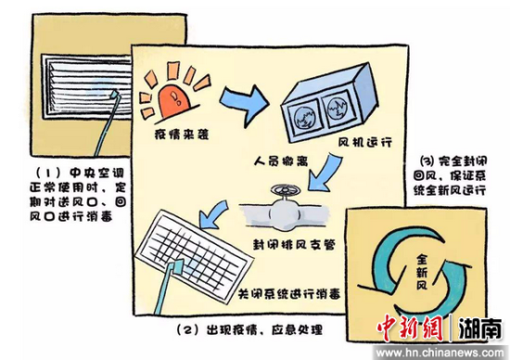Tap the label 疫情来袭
click(181, 135)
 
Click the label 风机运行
click(364, 142)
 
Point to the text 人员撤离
click(280, 161)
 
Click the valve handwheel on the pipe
click(286, 190)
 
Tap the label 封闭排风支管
click(294, 244)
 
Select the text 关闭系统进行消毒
click(289, 294)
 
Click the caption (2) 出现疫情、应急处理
click(249, 330)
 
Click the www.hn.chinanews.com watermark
click(440, 353)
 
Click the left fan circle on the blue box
click(303, 118)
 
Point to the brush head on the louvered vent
click(114, 94)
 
